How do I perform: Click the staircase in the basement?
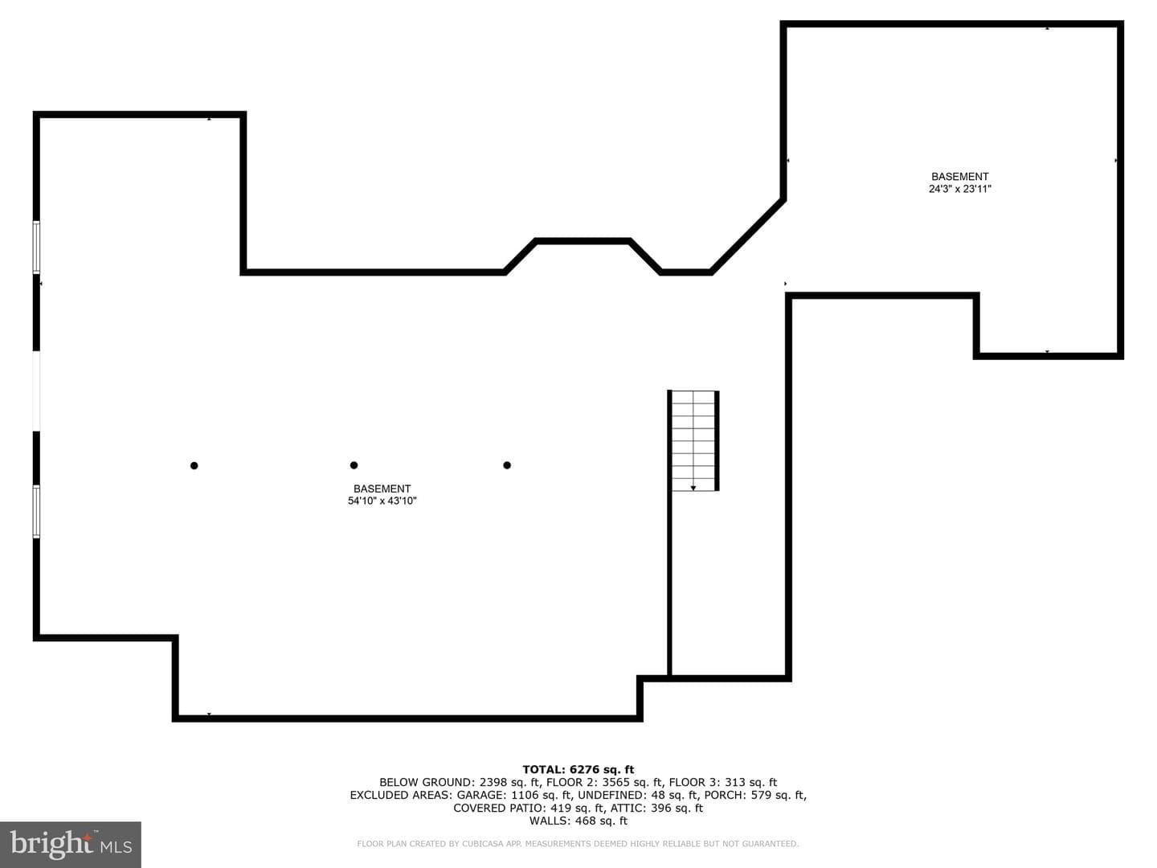tap(693, 440)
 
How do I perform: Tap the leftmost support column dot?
tap(194, 465)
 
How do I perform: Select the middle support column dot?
tap(354, 465)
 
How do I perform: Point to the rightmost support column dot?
tap(507, 465)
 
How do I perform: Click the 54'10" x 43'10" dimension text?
tap(382, 501)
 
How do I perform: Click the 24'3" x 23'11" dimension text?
tap(960, 189)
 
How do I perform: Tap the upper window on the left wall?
tap(36, 248)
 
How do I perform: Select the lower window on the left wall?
tap(36, 511)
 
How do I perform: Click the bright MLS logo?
tap(71, 844)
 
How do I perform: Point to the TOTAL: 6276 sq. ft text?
tap(578, 769)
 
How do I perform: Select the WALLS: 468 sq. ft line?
tap(578, 821)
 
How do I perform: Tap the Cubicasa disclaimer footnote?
tap(578, 844)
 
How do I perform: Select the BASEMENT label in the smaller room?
tap(960, 177)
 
